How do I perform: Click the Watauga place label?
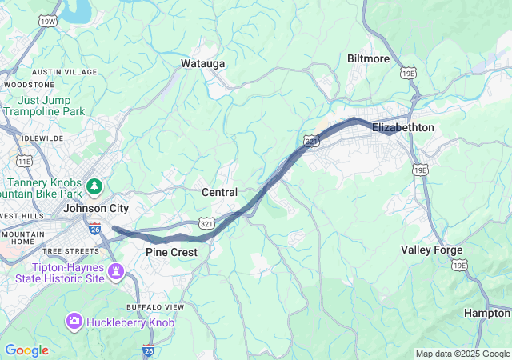point(202,63)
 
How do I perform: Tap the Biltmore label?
point(368,58)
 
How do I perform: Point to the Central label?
point(219,193)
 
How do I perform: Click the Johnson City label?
point(96,208)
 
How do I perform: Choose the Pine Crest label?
point(171,252)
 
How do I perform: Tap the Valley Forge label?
point(431,250)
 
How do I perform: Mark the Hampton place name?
point(486,313)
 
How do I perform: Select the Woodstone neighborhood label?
point(29,84)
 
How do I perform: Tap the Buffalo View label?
point(155,307)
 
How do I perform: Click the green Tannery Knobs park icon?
point(95,186)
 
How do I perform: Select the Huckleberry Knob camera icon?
point(74,321)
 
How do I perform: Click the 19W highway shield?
point(47,20)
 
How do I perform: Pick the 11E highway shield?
point(25,161)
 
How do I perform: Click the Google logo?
point(26,350)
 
